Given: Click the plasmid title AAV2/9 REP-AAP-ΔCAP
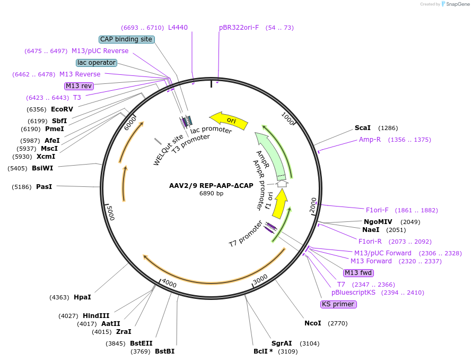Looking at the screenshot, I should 211,186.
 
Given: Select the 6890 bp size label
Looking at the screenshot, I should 211,194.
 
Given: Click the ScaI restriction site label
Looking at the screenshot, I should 363,128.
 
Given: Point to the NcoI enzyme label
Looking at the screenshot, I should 312,323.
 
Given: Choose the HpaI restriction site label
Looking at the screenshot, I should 82,297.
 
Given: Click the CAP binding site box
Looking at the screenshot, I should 126,39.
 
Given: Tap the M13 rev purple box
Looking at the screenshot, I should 78,86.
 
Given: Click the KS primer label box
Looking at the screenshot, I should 338,304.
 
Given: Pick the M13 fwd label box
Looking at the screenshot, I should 359,273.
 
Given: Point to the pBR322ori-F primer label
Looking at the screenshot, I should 239,28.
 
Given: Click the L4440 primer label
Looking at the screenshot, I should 178,28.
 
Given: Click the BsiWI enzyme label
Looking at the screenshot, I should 42,168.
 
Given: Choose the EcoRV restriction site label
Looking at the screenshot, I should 62,109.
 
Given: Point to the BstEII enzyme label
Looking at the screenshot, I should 141,343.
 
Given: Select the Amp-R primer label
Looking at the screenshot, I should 370,140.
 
